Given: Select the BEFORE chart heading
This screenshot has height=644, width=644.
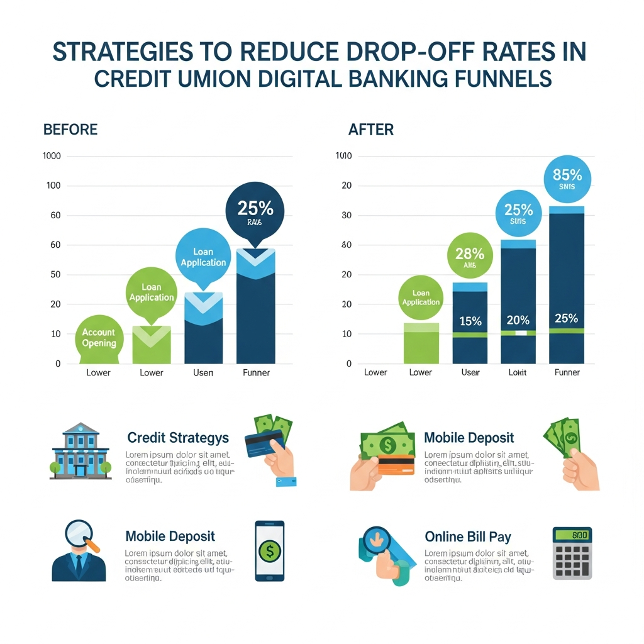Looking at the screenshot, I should (70, 130).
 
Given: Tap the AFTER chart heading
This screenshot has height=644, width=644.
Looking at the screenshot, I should (370, 130).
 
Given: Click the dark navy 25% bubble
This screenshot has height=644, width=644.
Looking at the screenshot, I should (254, 212).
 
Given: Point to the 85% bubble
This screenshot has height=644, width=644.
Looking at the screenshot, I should (567, 177).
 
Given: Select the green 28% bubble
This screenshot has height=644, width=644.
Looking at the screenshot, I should (470, 258).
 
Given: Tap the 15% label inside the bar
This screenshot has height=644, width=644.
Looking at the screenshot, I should (470, 321).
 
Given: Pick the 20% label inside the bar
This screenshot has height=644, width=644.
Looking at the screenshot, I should (518, 320).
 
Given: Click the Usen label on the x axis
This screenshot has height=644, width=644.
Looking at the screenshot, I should (203, 372).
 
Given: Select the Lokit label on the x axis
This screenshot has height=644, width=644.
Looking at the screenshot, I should (518, 372).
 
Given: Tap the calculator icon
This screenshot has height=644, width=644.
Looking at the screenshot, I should (572, 553).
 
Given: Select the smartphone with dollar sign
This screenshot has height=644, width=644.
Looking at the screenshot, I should (269, 550).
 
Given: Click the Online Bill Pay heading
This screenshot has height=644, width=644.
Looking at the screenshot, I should (467, 536).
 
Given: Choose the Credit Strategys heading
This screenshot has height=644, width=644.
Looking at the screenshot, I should (177, 438).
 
